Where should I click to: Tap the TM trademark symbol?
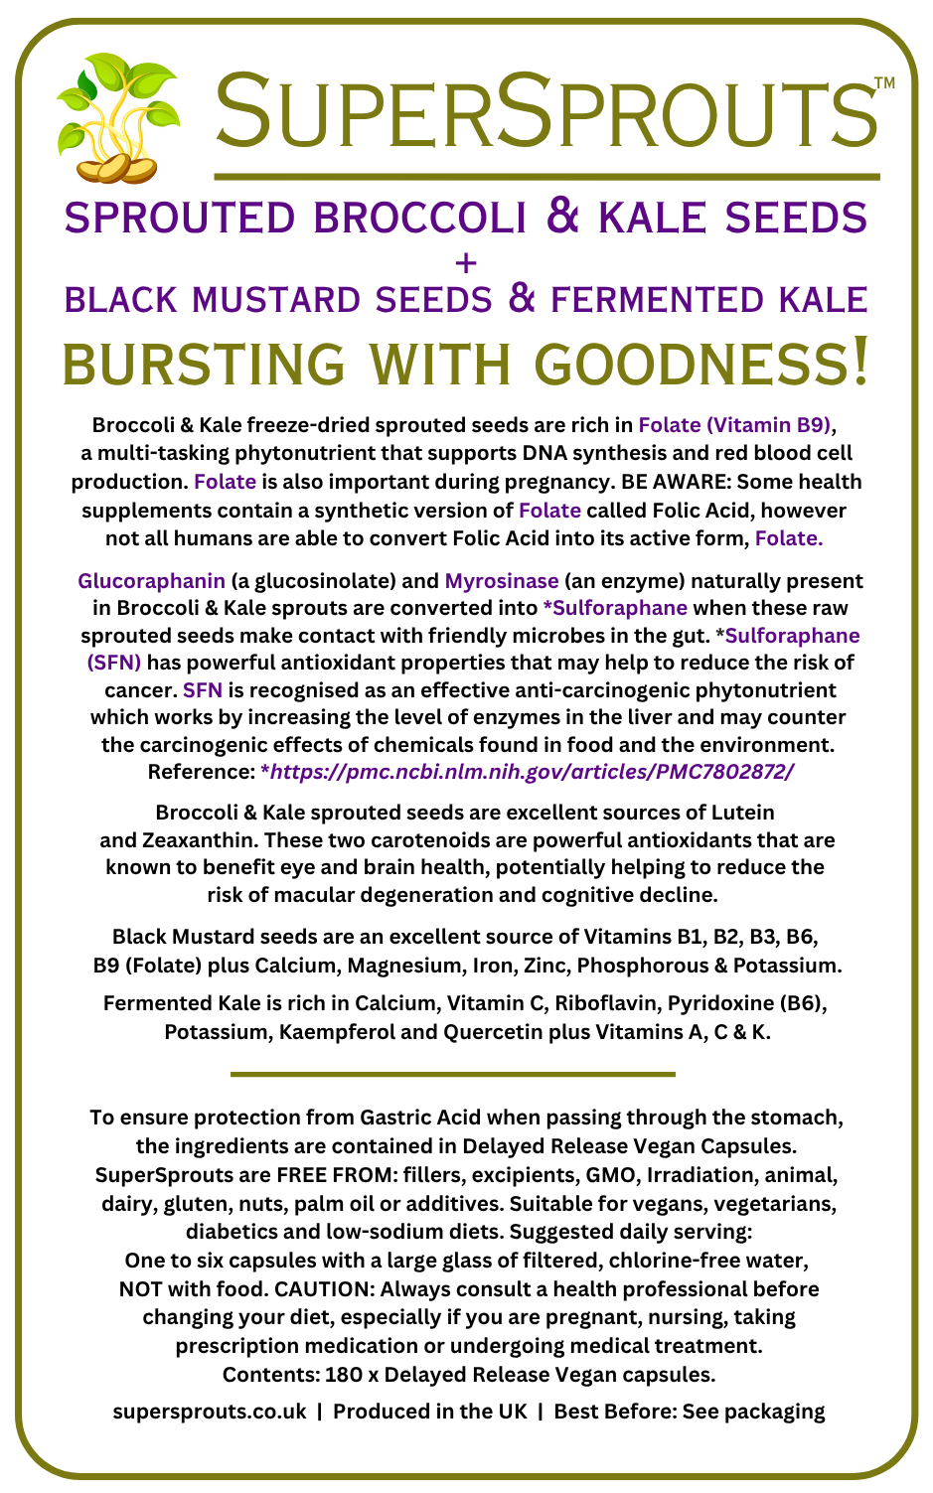[884, 84]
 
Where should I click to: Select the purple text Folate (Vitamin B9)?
[734, 425]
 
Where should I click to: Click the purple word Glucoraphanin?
[151, 581]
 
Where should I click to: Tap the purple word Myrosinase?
[502, 581]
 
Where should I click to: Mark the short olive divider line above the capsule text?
[452, 1074]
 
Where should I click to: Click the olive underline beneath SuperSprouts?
[546, 177]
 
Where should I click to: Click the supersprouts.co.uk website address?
[210, 1412]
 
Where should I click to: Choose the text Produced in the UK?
[430, 1412]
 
